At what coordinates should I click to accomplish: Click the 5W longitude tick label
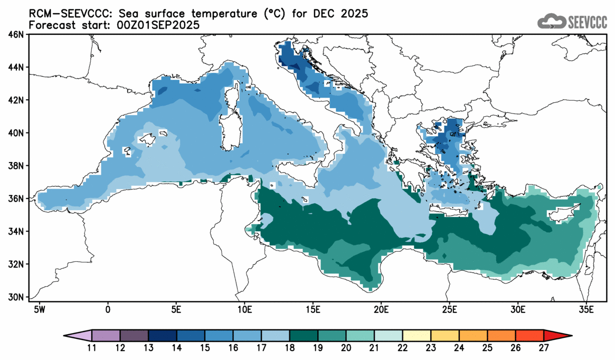tap(39, 308)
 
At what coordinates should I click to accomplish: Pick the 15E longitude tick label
tap(313, 308)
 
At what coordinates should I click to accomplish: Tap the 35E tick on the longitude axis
tap(586, 308)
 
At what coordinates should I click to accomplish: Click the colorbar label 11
tap(92, 348)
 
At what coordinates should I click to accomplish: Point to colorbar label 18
tap(290, 348)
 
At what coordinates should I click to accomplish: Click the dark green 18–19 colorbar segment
tap(304, 336)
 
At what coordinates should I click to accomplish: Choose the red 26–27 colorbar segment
tap(530, 336)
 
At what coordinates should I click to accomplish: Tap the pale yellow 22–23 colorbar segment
tap(417, 336)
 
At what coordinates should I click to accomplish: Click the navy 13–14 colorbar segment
tap(162, 336)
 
